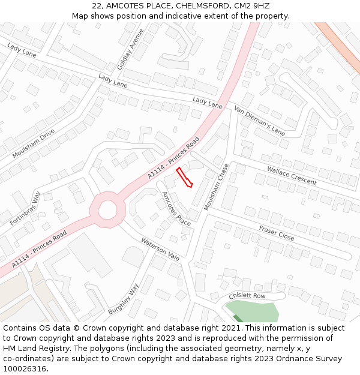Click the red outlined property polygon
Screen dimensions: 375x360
tap(184, 178)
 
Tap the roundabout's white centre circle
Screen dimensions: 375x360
tap(107, 210)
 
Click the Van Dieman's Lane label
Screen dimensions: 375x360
tap(260, 121)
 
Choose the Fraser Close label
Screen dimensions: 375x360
tap(277, 233)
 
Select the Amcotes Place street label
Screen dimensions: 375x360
tap(176, 209)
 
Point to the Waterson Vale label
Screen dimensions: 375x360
tap(160, 249)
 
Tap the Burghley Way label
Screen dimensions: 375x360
tap(124, 299)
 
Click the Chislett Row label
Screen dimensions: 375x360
tap(247, 296)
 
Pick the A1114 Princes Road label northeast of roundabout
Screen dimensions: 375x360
tap(173, 158)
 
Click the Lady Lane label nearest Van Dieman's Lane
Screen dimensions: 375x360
tap(208, 102)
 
